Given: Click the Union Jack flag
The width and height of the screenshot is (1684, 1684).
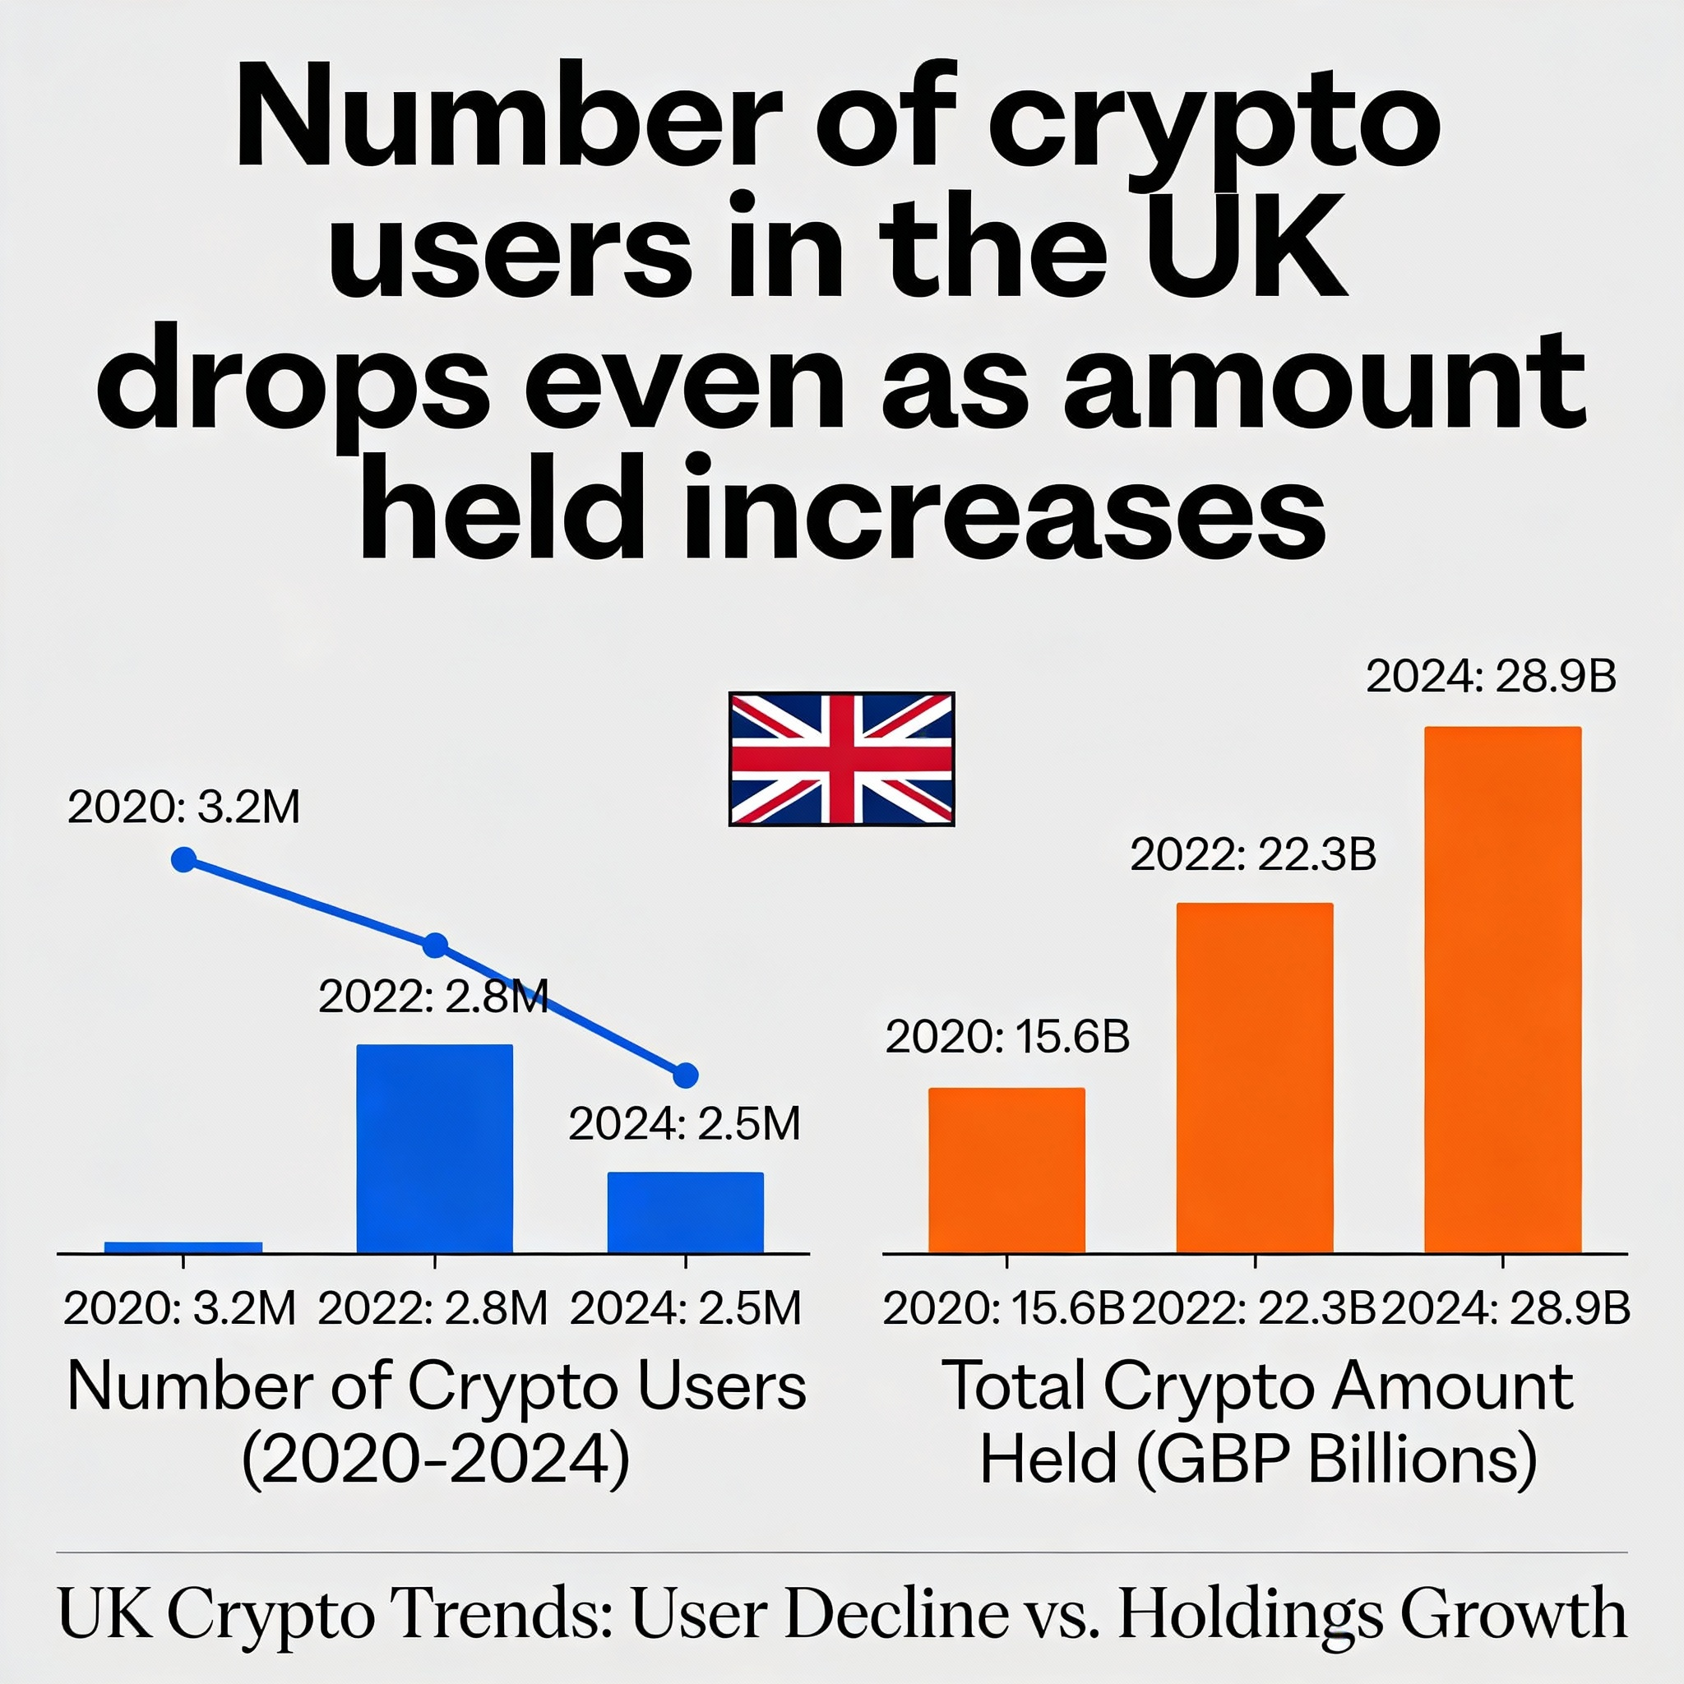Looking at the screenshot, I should pos(841,758).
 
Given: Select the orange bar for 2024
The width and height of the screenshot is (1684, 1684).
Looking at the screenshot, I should pos(1501,989).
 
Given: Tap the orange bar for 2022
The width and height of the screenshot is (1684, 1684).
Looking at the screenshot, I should pos(1254,1077).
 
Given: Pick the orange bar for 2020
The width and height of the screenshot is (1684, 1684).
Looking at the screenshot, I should pos(1006,1170).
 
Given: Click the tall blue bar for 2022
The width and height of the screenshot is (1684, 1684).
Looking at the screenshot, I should pos(434,1148).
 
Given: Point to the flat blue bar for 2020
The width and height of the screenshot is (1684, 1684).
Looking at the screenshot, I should pos(183,1247).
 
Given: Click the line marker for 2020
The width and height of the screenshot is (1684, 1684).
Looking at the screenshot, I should pos(184,859).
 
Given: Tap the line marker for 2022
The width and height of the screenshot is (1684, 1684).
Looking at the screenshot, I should pos(435,946).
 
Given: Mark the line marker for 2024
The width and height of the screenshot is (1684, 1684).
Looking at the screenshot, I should pos(686,1076).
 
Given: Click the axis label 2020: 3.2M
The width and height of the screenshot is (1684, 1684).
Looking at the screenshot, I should pos(179,1308).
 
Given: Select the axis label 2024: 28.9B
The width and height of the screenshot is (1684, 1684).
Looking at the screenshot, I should pos(1506,1308).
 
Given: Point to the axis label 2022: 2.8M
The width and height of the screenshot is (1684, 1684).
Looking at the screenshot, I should pos(433,1308).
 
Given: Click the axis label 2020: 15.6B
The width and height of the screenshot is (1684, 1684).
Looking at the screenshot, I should pos(1004,1308).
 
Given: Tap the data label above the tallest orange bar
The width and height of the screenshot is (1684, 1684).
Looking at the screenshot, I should pos(1491,677).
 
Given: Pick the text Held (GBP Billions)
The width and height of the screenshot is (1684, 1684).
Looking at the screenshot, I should pos(1258,1460).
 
